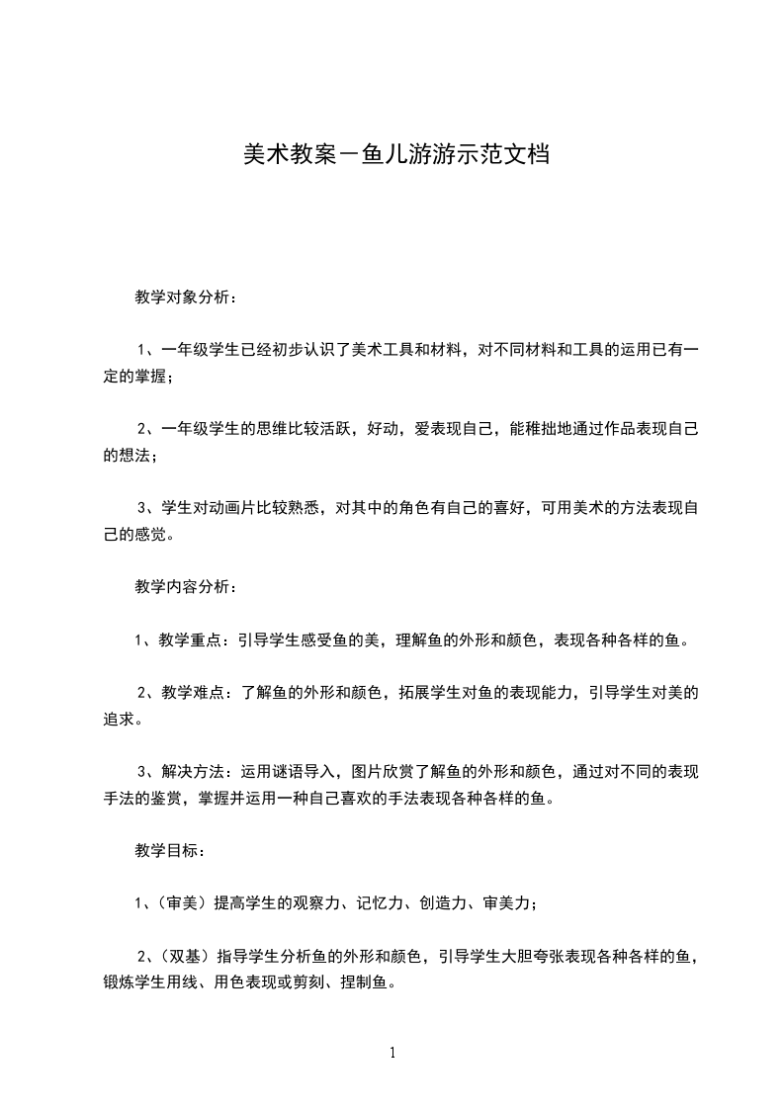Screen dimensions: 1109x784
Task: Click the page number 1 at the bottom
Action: (392, 1052)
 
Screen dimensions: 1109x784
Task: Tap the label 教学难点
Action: (190, 692)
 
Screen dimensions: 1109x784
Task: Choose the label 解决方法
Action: (190, 771)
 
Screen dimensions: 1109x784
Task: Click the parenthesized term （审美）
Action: (179, 902)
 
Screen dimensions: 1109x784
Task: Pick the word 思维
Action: (275, 429)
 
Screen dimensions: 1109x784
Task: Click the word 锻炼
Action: (119, 981)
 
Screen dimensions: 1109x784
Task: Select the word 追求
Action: (119, 719)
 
